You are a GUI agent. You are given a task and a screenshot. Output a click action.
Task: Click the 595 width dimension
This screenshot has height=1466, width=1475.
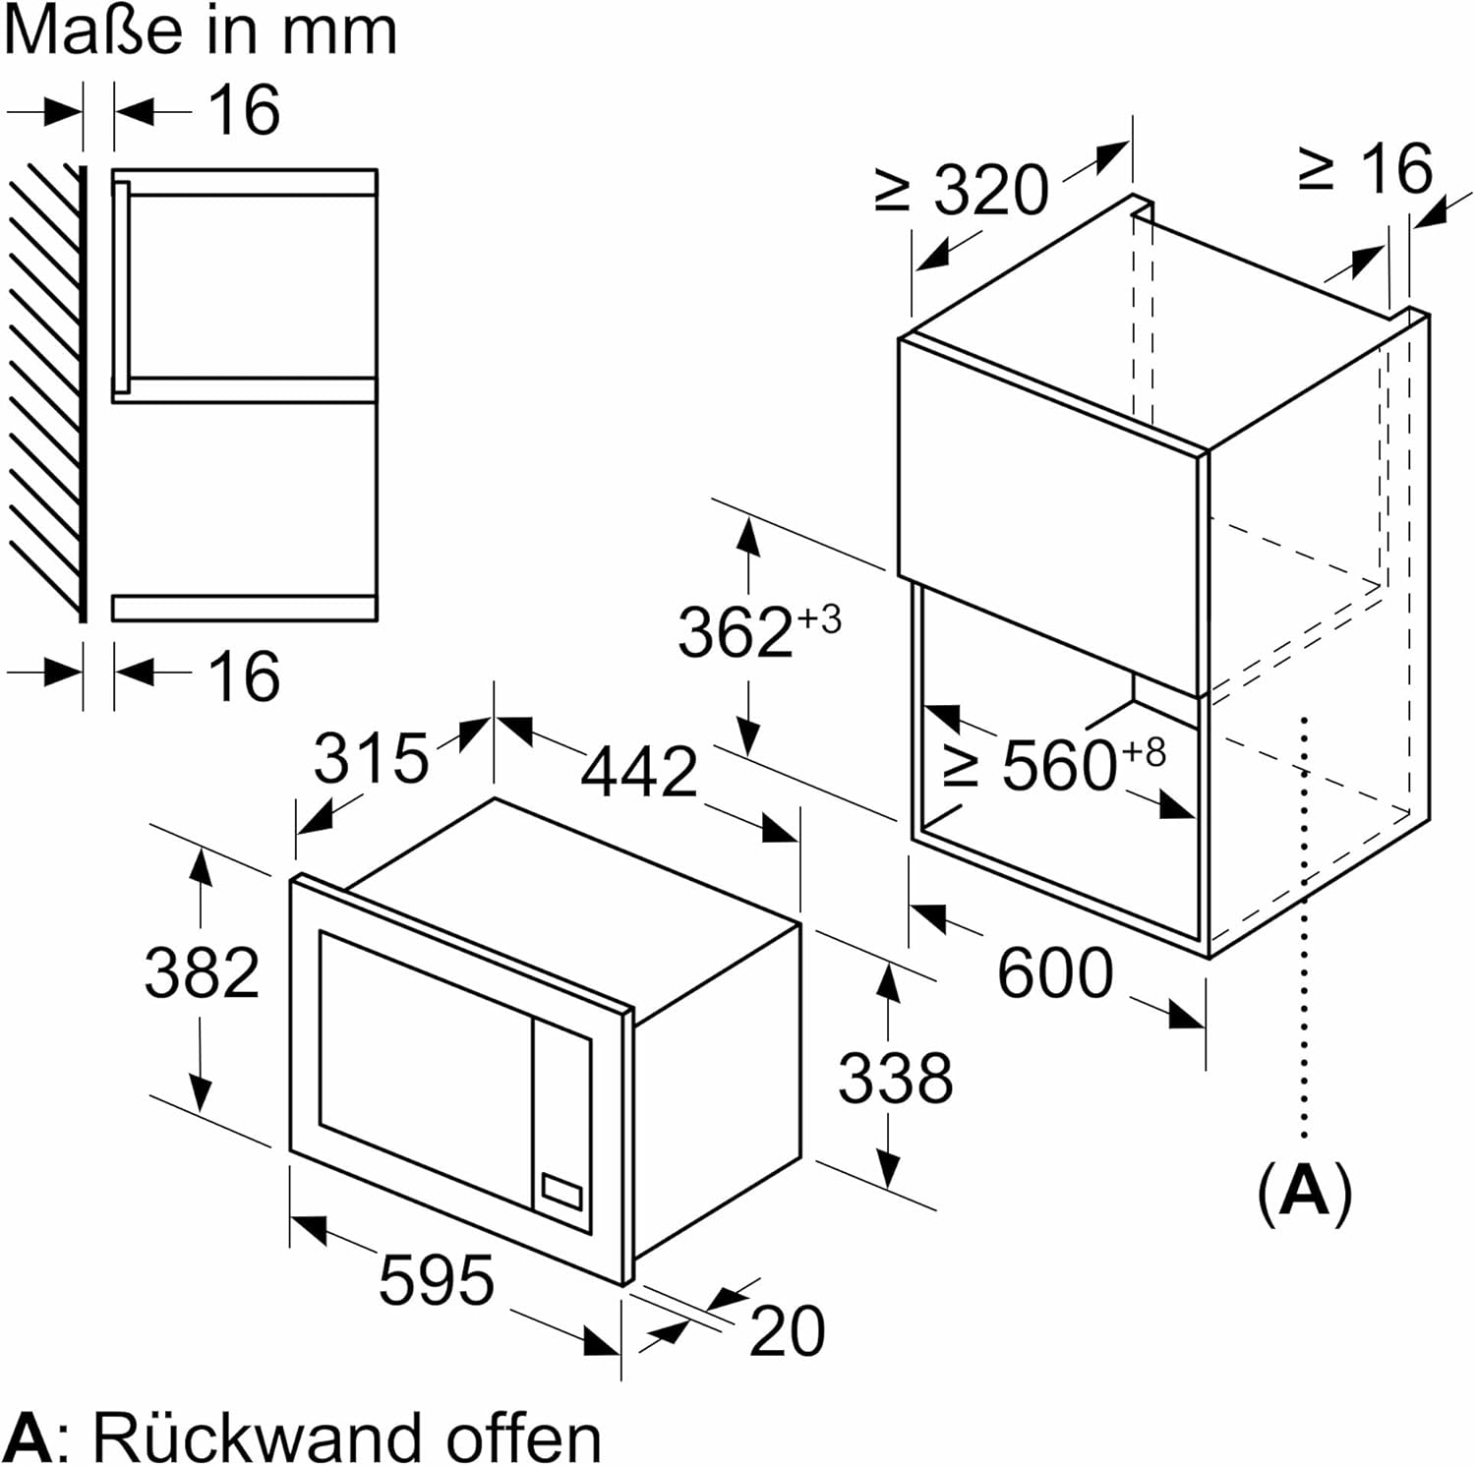pos(436,1281)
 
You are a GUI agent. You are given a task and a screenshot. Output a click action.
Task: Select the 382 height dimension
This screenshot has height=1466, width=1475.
pos(202,973)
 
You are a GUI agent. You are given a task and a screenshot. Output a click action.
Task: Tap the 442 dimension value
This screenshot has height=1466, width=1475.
pos(639,773)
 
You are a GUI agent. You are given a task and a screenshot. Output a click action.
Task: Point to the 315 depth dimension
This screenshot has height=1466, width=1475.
pos(371,759)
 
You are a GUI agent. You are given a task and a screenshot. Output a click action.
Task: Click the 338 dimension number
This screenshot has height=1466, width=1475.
pos(895,1078)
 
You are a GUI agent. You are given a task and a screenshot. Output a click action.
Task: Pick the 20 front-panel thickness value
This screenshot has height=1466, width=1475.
pos(787,1332)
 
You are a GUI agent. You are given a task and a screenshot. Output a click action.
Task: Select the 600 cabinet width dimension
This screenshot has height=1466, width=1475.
pos(1055,973)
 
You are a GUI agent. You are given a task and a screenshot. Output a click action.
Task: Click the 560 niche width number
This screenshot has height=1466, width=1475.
pos(1059,766)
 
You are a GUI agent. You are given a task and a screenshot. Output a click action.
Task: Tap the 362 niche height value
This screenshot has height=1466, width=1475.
pos(735,632)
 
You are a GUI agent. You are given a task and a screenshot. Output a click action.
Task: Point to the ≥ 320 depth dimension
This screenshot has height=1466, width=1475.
pos(963,191)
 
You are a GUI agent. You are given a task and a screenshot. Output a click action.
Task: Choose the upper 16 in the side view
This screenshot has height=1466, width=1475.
pos(244,109)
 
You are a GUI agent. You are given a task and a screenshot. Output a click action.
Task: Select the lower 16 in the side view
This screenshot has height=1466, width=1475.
pos(244,675)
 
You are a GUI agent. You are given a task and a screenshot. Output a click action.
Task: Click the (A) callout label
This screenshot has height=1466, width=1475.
pos(1305,1192)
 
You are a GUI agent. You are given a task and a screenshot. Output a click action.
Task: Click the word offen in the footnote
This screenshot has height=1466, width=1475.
pos(523,1438)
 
